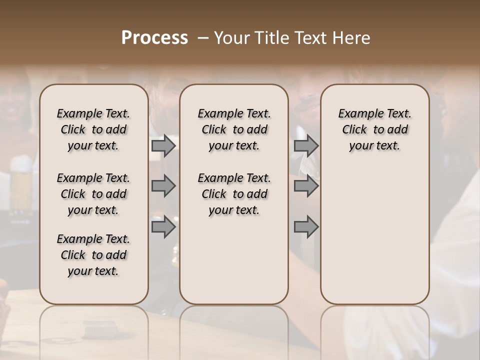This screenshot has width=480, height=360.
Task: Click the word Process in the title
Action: tap(154, 38)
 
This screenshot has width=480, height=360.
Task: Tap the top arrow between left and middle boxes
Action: tap(163, 145)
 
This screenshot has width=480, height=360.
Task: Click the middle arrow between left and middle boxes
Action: tap(163, 186)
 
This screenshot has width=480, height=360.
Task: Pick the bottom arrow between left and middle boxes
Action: tap(163, 227)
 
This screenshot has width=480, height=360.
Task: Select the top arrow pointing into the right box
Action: tap(306, 145)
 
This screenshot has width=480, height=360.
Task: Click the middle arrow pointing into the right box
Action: tap(306, 186)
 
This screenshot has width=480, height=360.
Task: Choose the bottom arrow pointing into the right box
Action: tap(306, 227)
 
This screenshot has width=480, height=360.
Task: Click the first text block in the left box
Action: tap(93, 129)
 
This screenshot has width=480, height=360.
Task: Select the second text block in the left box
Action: tap(93, 194)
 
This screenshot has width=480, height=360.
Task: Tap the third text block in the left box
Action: tap(93, 255)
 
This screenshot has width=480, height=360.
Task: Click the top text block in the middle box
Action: tap(234, 129)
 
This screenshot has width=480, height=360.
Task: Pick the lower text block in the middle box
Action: tap(234, 194)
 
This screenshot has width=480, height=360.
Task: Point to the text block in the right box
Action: tap(374, 129)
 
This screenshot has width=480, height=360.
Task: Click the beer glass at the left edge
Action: tap(21, 182)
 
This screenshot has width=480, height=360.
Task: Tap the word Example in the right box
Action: tap(357, 114)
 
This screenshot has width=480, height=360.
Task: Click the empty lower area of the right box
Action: tap(374, 235)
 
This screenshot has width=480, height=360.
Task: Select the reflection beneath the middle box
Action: tap(234, 325)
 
